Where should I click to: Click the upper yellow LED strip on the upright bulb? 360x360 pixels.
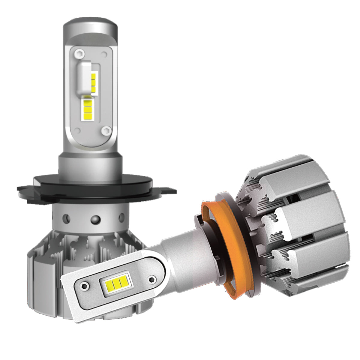point(94,80)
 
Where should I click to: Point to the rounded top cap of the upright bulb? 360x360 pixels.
point(90,27)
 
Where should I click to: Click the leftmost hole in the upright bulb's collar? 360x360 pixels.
point(67,217)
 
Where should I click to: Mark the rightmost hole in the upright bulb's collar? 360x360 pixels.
point(121,217)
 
